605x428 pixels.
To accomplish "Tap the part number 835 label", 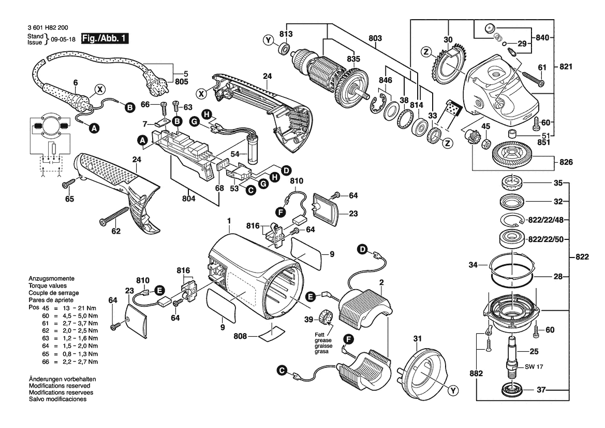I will click(353, 59).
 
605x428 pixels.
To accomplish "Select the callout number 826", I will click(566, 162).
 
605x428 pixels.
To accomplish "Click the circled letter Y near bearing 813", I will click(268, 40).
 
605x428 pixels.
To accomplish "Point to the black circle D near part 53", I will click(285, 169).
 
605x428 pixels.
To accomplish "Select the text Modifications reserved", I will click(60, 386).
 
